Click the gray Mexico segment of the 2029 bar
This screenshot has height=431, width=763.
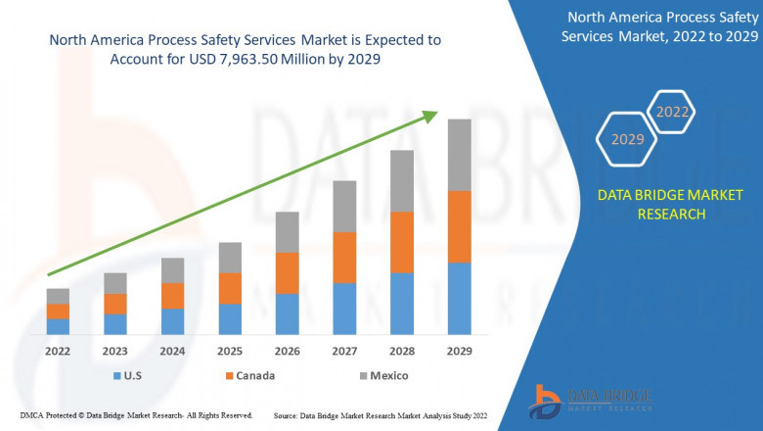click(459, 155)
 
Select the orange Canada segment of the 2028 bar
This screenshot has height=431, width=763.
click(402, 242)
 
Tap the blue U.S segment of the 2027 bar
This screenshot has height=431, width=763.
click(344, 309)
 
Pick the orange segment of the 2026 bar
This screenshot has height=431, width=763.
click(287, 272)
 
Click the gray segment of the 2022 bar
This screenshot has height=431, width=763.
click(58, 296)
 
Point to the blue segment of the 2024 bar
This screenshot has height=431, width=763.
click(172, 321)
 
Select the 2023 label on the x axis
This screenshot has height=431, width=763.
click(115, 351)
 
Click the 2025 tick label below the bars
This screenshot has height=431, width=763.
click(230, 351)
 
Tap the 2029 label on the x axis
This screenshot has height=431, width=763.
click(459, 351)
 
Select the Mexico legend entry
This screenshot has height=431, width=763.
click(381, 375)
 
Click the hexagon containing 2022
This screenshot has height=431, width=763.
click(672, 112)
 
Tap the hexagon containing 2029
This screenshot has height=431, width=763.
click(627, 140)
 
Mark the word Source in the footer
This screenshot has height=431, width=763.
click(289, 415)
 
